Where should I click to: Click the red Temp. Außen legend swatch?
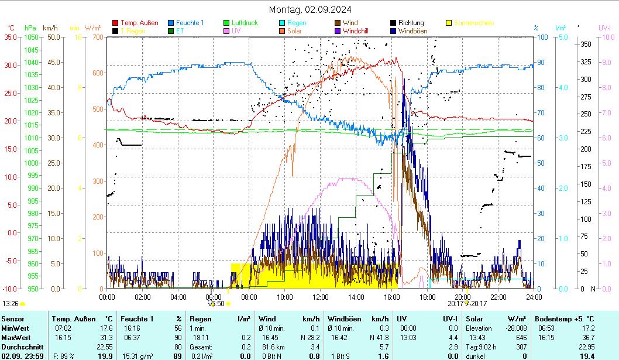115,23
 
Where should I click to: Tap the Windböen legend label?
412,30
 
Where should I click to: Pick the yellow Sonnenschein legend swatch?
449,23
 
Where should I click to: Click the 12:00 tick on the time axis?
320,297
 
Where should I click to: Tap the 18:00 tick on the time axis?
427,297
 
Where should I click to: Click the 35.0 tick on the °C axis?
11,37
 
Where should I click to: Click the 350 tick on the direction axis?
584,44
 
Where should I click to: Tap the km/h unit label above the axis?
50,28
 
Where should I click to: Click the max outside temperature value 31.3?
106,337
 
